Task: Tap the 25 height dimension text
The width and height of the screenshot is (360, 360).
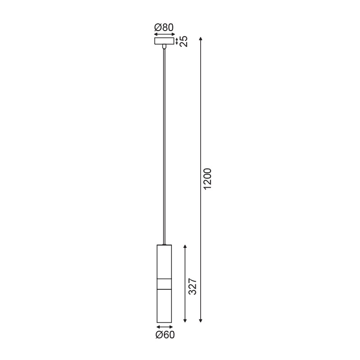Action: click(183, 41)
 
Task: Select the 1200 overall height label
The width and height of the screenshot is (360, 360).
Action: click(207, 179)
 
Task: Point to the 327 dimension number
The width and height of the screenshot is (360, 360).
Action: click(193, 287)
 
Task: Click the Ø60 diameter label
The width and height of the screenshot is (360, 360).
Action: click(165, 334)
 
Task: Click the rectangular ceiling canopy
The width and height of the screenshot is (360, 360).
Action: click(164, 41)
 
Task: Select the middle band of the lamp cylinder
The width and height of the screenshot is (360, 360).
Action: click(164, 284)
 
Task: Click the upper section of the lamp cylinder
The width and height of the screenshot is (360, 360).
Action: click(164, 261)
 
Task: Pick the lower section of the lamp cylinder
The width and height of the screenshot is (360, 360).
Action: click(164, 306)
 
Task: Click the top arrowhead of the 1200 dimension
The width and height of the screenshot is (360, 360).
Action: click(201, 38)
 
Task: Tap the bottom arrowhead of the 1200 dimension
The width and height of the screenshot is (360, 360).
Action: click(201, 320)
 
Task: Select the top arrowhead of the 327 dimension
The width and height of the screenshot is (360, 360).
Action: click(185, 247)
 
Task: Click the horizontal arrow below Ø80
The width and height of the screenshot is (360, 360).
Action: click(164, 34)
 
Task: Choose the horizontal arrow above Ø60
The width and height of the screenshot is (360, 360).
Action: click(165, 327)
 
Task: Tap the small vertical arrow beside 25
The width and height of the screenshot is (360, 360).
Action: click(177, 41)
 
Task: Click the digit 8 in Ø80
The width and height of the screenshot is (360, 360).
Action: click(164, 27)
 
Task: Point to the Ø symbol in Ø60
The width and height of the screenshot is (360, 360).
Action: click(158, 334)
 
